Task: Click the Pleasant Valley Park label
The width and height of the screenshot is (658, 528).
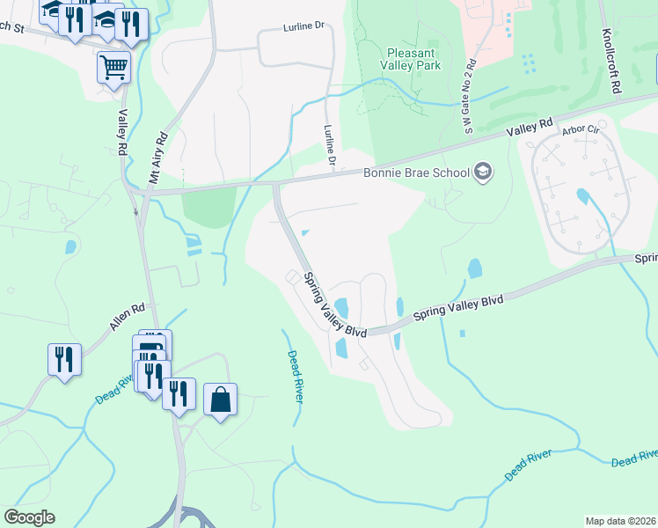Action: click(x=413, y=58)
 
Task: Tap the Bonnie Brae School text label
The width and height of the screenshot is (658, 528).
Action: click(x=417, y=172)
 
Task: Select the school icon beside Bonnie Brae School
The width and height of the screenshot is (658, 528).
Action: click(x=482, y=172)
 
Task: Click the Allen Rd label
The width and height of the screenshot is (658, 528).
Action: click(x=126, y=318)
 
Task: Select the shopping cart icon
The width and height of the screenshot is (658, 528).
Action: click(x=113, y=67)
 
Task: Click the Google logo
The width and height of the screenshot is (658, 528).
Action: click(x=29, y=517)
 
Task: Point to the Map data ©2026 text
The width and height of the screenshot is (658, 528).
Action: click(x=621, y=521)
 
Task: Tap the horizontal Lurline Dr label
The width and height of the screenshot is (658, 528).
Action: click(x=304, y=27)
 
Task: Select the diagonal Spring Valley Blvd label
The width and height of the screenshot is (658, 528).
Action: click(x=333, y=304)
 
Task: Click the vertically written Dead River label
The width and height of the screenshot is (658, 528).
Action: click(x=296, y=377)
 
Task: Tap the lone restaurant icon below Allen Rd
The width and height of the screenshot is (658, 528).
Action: click(x=64, y=359)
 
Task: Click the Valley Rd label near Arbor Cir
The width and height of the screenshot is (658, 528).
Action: click(x=529, y=128)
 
